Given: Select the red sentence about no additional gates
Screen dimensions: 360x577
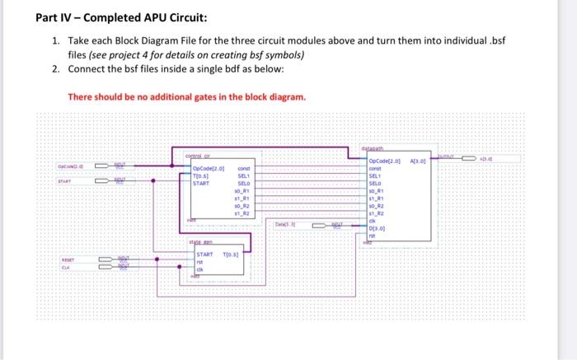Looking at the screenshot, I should click(186, 96).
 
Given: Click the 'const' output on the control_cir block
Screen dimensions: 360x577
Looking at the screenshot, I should click(243, 167).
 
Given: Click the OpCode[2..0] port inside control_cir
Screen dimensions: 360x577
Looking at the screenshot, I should click(209, 167).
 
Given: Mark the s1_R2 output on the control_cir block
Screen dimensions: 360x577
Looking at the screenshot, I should click(244, 213).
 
